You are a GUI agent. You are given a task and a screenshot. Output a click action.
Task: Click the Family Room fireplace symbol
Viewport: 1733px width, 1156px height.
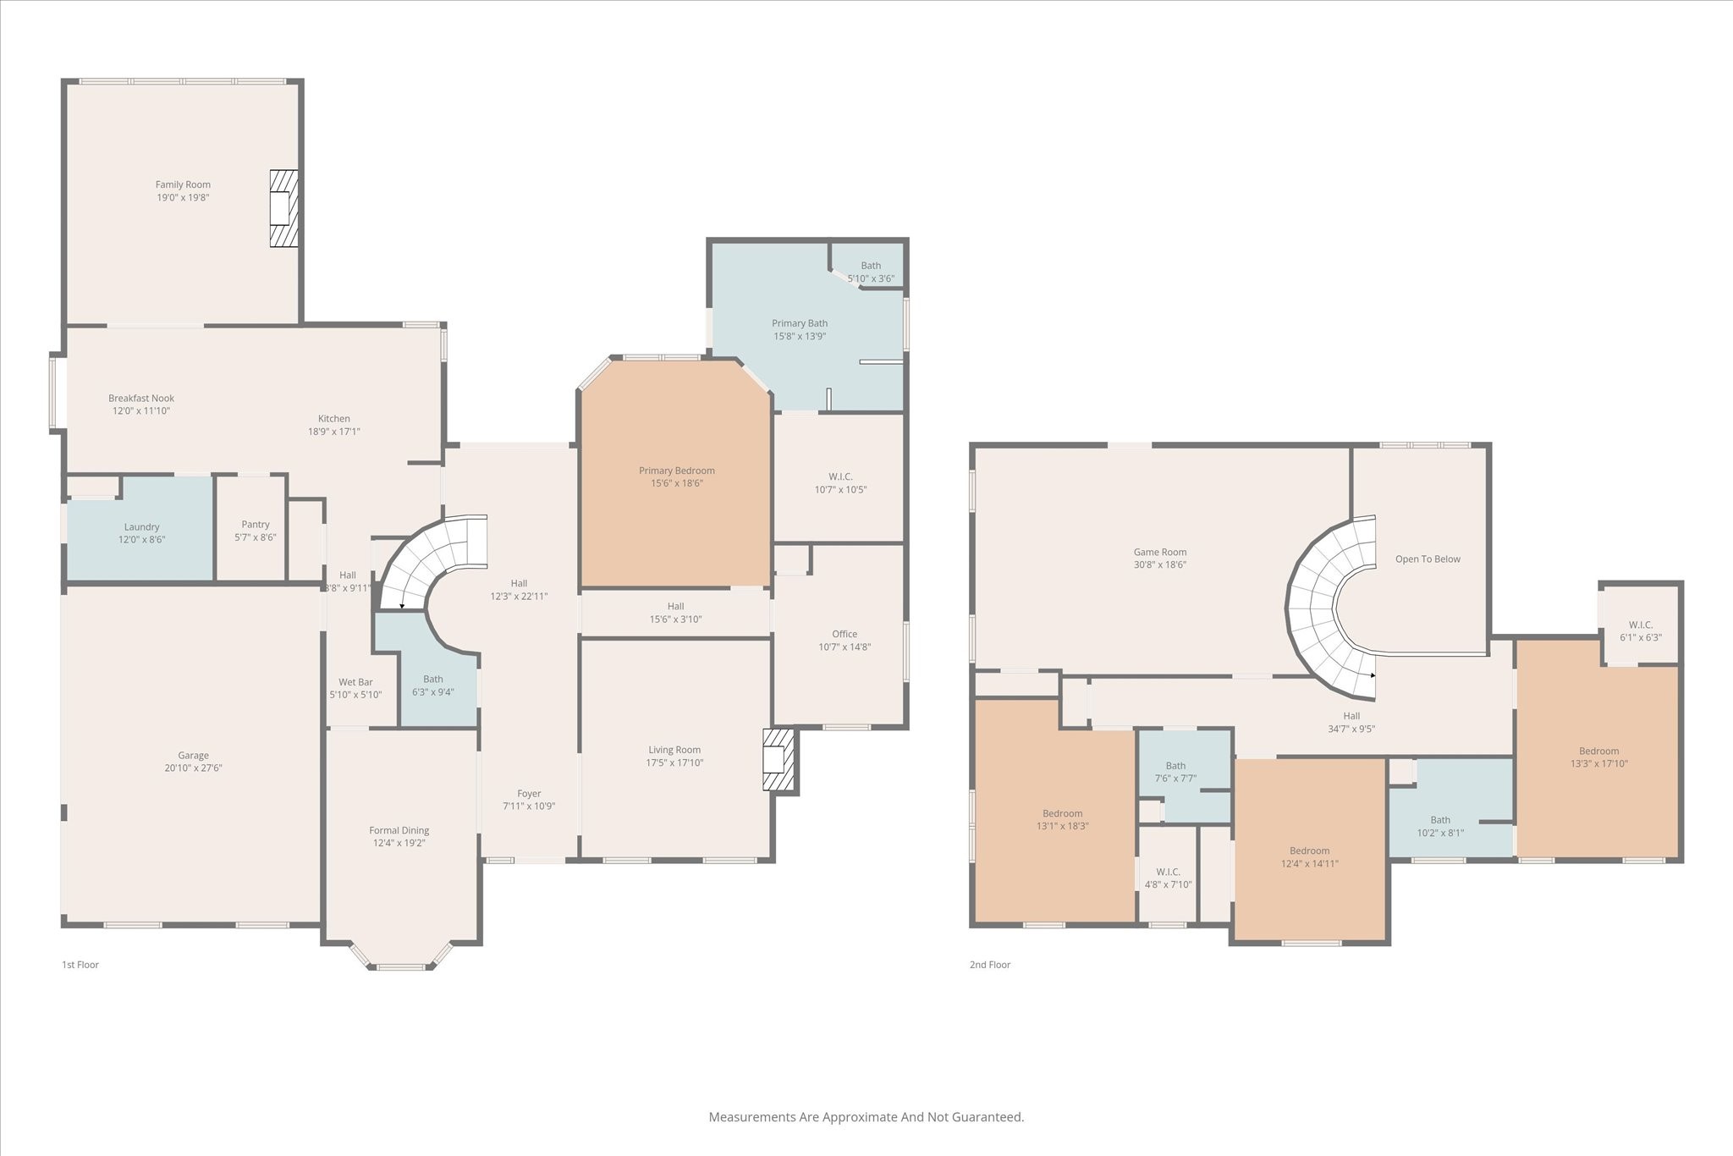(x=283, y=208)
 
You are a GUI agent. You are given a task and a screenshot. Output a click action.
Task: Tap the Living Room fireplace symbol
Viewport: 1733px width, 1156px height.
(x=778, y=760)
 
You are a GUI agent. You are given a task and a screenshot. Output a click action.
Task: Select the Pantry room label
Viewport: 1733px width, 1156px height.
(x=256, y=525)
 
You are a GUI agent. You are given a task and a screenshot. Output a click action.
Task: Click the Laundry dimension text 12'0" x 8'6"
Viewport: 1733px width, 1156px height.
(x=141, y=539)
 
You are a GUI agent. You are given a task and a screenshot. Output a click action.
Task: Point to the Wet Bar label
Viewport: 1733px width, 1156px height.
(x=355, y=682)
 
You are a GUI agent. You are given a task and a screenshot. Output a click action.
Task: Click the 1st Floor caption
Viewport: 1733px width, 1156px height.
(x=80, y=965)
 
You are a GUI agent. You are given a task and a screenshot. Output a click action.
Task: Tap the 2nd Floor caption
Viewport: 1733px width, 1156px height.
(x=990, y=965)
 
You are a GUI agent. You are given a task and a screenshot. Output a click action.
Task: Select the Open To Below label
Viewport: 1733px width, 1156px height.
(x=1428, y=559)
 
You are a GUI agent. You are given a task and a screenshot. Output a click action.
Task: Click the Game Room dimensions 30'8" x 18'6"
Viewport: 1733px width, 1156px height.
(x=1160, y=564)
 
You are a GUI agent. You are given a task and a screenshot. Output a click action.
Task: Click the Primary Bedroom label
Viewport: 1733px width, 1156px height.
(x=676, y=471)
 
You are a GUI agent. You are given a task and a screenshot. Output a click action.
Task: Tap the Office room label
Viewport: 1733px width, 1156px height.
(x=844, y=634)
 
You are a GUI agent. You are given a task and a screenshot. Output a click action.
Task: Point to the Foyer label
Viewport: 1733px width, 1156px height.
(x=529, y=794)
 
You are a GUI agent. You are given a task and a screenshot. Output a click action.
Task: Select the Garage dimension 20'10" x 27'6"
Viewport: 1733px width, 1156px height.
(x=193, y=768)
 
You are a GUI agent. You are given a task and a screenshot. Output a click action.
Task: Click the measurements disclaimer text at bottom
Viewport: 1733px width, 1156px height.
(x=866, y=1117)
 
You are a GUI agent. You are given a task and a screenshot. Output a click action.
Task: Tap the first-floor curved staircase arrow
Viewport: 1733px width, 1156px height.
(x=402, y=606)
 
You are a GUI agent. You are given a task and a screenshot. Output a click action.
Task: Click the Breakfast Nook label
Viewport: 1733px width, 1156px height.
(x=141, y=399)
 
